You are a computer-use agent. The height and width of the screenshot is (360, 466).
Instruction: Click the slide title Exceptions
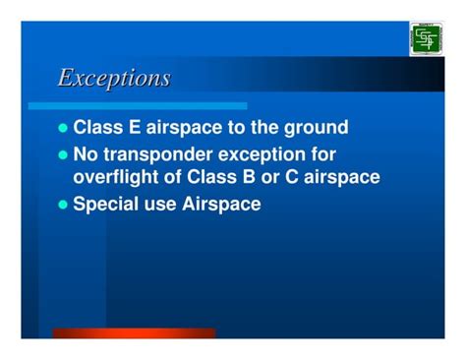pyautogui.click(x=114, y=78)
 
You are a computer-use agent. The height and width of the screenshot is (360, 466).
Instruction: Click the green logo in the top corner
pyautogui.click(x=426, y=38)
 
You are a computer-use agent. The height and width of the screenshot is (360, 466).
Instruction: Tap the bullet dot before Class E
pyautogui.click(x=65, y=128)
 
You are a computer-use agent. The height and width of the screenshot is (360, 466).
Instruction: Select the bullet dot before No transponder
pyautogui.click(x=65, y=154)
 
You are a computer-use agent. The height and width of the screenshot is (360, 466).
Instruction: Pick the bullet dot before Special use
pyautogui.click(x=65, y=205)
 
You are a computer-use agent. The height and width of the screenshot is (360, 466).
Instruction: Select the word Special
pyautogui.click(x=109, y=205)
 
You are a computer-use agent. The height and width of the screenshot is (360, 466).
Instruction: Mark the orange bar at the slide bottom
pyautogui.click(x=134, y=333)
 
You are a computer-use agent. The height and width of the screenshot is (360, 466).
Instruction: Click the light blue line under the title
pyautogui.click(x=138, y=105)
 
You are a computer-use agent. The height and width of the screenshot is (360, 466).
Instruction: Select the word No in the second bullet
pyautogui.click(x=87, y=154)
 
